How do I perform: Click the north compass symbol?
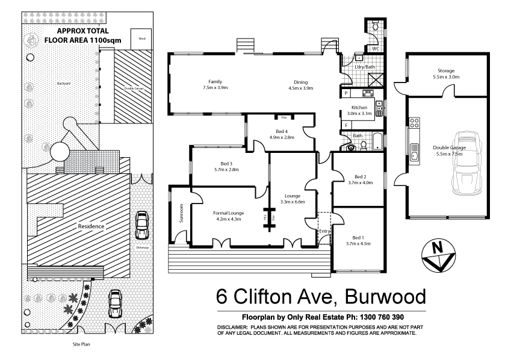pos(438,253)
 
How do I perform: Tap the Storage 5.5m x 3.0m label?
pos(446,74)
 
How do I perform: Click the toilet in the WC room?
pos(374,26)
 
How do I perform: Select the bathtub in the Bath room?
pos(376,142)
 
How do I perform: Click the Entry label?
pos(324,232)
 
